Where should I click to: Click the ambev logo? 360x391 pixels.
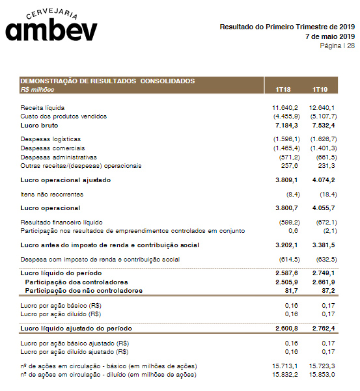[51, 26]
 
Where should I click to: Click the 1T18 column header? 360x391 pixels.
[283, 89]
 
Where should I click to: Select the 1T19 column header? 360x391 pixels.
[318, 89]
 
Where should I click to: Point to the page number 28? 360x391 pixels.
[350, 46]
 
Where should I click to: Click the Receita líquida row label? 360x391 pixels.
[42, 107]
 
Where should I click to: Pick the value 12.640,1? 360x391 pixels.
[322, 107]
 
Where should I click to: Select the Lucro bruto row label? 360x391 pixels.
[39, 124]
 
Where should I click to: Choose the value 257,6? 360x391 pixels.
[290, 165]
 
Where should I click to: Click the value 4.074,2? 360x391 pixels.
[324, 180]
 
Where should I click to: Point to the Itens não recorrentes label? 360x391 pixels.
[52, 194]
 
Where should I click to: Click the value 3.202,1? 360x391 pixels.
[286, 245]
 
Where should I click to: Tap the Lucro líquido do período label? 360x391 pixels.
[61, 273]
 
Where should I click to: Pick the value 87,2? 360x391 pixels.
[327, 290]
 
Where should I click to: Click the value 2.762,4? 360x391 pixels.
[324, 329]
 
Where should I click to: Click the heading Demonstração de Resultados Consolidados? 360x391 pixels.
[107, 81]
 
